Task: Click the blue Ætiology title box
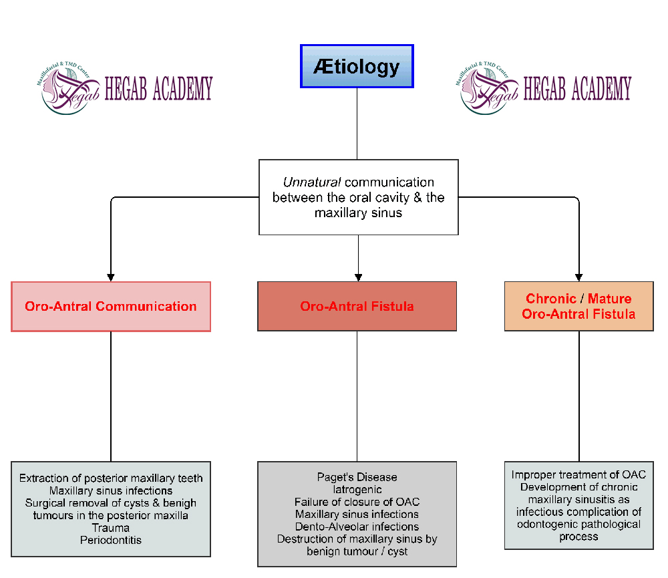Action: pyautogui.click(x=357, y=66)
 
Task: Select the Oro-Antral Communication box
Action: pyautogui.click(x=111, y=307)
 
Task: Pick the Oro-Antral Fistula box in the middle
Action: pyautogui.click(x=357, y=307)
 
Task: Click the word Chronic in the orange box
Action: pyautogui.click(x=551, y=299)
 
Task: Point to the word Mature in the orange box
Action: pyautogui.click(x=610, y=299)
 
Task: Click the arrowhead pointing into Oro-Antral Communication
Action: pyautogui.click(x=112, y=277)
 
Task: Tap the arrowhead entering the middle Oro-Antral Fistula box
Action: pyautogui.click(x=358, y=277)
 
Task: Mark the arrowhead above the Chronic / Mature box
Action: pyautogui.click(x=578, y=277)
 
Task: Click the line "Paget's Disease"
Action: pyautogui.click(x=357, y=477)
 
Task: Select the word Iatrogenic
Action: pyautogui.click(x=357, y=490)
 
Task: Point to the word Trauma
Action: pyautogui.click(x=111, y=527)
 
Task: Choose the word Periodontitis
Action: pyautogui.click(x=111, y=539)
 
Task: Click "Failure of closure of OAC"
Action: pyautogui.click(x=357, y=502)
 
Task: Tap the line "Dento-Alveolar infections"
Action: pyautogui.click(x=357, y=527)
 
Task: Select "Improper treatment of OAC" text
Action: pyautogui.click(x=578, y=474)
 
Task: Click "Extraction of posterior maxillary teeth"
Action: pyautogui.click(x=111, y=478)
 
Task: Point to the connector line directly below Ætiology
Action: pyautogui.click(x=357, y=124)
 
